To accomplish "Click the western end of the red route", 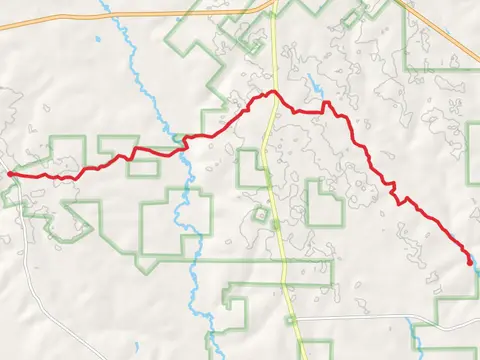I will (x=10, y=174).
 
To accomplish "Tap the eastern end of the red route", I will (x=470, y=263).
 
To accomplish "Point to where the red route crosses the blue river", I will (x=183, y=142).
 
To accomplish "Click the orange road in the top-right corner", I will (x=440, y=40).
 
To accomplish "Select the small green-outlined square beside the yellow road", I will (x=261, y=214).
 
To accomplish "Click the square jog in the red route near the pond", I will (x=325, y=104).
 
